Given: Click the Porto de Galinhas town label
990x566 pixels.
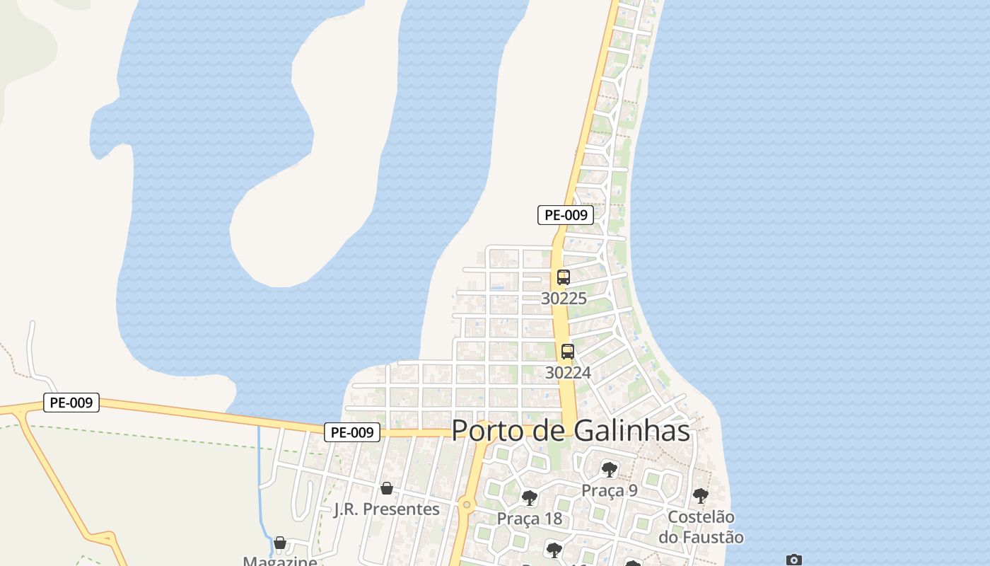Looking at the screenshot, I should tap(570, 430).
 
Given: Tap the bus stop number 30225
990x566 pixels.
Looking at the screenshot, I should tap(564, 299).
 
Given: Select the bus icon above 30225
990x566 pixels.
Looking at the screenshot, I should tap(564, 277).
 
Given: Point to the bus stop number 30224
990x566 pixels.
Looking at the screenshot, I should tap(567, 372).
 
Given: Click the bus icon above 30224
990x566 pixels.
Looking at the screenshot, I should tap(567, 351).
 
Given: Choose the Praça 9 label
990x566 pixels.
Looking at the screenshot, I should tap(610, 490).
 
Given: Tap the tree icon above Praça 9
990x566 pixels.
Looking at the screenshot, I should tap(609, 469).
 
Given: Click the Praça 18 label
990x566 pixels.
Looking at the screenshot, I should tap(529, 519).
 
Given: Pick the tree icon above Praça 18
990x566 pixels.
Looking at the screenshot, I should tap(529, 498).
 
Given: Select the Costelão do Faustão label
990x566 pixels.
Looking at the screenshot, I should tap(701, 527).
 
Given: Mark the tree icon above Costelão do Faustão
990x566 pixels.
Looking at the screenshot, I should tap(700, 495).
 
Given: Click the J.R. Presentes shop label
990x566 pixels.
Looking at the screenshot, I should tap(386, 509).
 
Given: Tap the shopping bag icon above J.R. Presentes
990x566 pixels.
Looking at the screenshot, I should tap(386, 488).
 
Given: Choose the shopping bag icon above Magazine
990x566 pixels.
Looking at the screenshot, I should tap(280, 543).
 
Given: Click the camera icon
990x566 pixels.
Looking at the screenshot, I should tap(794, 560).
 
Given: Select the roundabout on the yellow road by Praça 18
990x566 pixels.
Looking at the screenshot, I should tap(465, 504).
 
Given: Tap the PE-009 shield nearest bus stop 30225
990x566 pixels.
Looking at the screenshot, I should tap(565, 215).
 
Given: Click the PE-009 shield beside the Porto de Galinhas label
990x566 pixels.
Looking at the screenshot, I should tap(352, 432).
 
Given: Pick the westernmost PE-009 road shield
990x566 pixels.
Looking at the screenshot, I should tap(71, 403).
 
